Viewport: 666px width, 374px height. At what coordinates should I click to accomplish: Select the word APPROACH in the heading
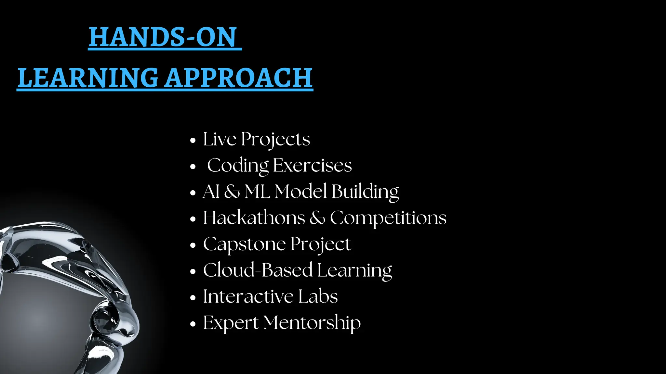(239, 78)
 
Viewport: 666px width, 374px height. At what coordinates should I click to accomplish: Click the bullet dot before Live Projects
(193, 141)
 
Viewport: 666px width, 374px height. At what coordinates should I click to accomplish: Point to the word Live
(220, 139)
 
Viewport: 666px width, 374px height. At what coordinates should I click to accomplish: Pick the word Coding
(238, 166)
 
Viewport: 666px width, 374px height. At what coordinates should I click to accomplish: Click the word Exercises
(312, 165)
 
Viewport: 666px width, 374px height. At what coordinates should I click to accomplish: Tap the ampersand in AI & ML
(232, 191)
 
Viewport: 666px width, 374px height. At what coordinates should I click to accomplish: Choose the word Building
(365, 192)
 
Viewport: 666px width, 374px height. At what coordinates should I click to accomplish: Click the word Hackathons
(254, 218)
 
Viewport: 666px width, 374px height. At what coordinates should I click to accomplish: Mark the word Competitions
(388, 218)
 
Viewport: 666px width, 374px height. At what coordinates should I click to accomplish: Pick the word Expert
(231, 323)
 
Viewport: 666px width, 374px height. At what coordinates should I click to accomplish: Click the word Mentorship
(312, 323)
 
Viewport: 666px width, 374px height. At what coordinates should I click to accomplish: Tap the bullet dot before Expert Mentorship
(193, 324)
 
